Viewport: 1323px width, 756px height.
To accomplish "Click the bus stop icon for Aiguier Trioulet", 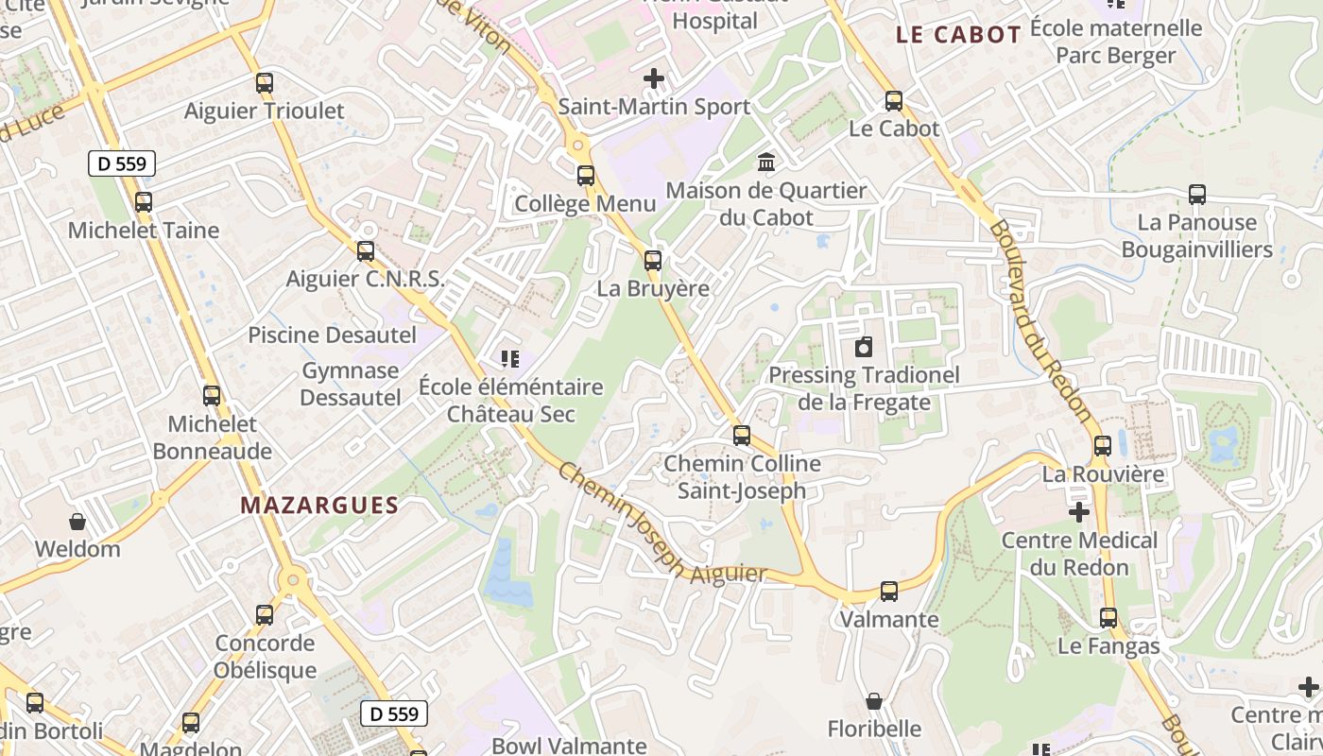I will tap(265, 83).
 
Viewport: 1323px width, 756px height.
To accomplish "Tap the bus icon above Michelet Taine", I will tap(144, 202).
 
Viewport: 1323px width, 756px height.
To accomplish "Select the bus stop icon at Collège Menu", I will tap(586, 176).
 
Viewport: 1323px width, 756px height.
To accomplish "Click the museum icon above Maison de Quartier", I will tap(766, 163).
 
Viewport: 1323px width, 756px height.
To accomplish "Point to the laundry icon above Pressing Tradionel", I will tap(864, 348).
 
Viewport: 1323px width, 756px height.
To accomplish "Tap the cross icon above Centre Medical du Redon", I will tap(1079, 512).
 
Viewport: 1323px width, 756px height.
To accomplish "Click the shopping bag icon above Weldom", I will tap(77, 522).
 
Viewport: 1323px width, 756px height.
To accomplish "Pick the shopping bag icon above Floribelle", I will tap(874, 701).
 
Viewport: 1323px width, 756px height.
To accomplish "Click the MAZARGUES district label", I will tap(319, 506).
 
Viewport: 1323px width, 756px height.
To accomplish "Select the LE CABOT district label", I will tap(958, 36).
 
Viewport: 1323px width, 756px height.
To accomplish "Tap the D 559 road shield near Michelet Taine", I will tap(122, 163).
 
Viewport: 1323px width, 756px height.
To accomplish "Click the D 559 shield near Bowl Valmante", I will tap(394, 713).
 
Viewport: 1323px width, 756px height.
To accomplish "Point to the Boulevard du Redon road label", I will tap(1039, 321).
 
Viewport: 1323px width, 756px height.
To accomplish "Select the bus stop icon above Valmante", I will tap(889, 592).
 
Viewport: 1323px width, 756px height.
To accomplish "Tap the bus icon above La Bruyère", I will tap(653, 261).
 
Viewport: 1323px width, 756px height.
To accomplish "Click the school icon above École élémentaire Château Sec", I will tap(510, 359).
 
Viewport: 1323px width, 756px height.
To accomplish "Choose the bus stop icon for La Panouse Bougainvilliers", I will tap(1197, 196).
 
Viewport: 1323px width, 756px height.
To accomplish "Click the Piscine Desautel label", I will tap(332, 335).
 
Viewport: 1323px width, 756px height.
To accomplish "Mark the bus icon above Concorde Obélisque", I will tap(265, 615).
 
